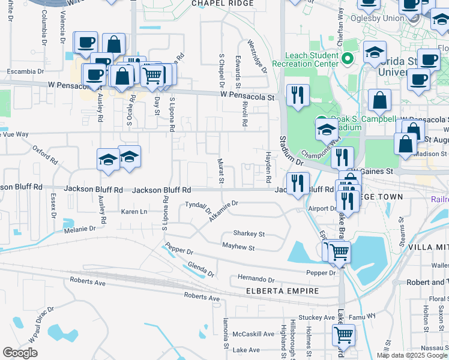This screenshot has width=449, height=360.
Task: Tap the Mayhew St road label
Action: pyautogui.click(x=238, y=247)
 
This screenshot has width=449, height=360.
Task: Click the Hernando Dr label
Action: pyautogui.click(x=256, y=279)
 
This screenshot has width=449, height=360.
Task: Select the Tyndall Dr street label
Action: pyautogui.click(x=198, y=207)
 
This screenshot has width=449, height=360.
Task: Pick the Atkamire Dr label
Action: pyautogui.click(x=223, y=211)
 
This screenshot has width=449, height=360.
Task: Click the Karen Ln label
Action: pyautogui.click(x=134, y=212)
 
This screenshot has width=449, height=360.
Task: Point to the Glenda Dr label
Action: pyautogui.click(x=201, y=269)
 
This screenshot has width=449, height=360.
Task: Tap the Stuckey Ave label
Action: pyautogui.click(x=321, y=317)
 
